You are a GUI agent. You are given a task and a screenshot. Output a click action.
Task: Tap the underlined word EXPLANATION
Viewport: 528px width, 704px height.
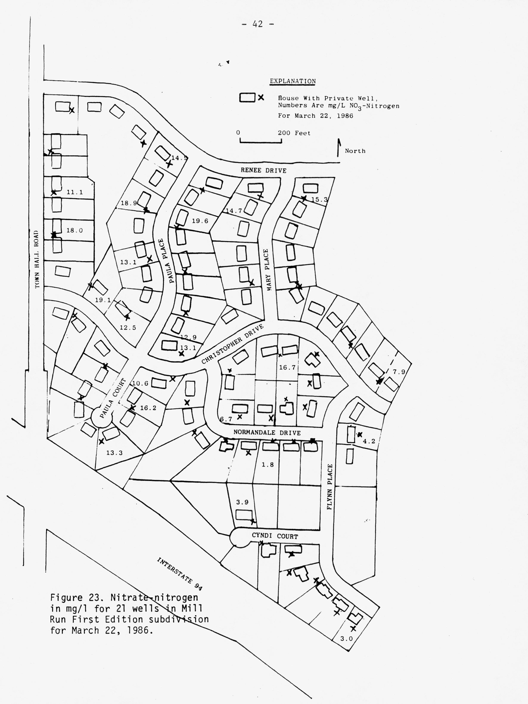292,81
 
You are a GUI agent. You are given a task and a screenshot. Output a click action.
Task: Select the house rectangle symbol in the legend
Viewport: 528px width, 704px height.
247,97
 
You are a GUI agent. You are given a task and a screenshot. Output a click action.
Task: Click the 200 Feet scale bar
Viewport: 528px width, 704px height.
261,141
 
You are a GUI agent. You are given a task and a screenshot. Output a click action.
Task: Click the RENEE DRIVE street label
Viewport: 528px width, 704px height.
264,170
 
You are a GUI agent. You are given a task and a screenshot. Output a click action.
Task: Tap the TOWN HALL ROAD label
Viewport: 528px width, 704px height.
38,259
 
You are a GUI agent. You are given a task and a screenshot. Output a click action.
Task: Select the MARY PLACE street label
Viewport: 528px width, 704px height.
267,270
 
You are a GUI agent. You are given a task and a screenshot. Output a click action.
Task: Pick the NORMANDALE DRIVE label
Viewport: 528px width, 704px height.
267,432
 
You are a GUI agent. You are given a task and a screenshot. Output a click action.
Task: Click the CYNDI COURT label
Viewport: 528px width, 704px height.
275,536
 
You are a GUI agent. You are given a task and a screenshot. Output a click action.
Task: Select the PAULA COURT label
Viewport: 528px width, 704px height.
113,398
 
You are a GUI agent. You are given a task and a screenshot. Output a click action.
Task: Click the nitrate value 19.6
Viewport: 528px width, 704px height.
200,221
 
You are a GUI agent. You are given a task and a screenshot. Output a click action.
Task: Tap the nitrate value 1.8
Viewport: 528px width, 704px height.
268,465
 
